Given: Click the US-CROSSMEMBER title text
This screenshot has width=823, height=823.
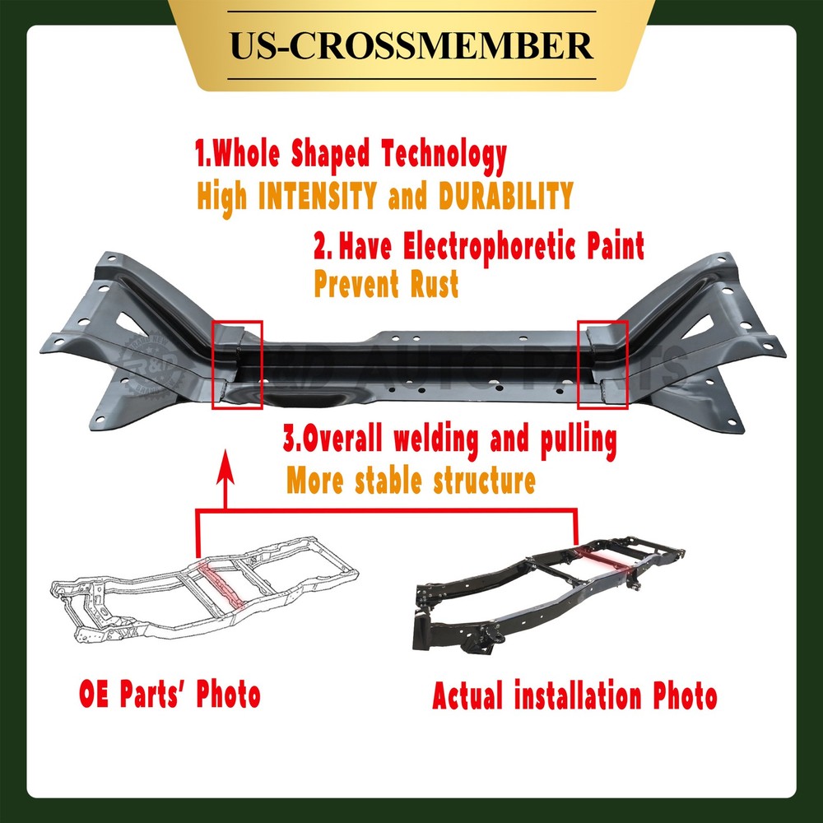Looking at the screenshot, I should [x=411, y=45].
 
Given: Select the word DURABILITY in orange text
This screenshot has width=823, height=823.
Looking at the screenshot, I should [x=504, y=196].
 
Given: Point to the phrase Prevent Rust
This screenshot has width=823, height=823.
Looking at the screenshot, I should [x=386, y=285].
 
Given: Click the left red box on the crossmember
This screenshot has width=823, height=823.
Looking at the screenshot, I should [x=237, y=364].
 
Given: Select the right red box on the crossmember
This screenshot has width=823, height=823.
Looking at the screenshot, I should [x=602, y=364].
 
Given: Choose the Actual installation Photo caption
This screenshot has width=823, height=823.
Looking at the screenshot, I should [x=574, y=697].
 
